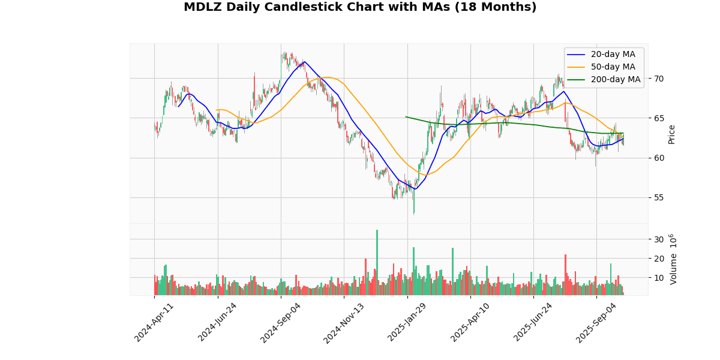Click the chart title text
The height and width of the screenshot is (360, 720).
(x=360, y=7)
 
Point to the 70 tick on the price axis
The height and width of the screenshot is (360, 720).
(x=659, y=79)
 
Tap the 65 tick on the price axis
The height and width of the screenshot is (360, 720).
(x=659, y=118)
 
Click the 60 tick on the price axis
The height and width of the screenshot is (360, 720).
(x=659, y=158)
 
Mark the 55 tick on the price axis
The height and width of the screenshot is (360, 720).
(x=659, y=197)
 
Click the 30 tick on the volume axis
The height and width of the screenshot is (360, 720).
(x=659, y=239)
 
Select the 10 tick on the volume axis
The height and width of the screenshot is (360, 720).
(x=659, y=278)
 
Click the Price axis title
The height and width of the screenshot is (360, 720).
(x=672, y=134)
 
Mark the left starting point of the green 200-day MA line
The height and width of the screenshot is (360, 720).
(x=406, y=116)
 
